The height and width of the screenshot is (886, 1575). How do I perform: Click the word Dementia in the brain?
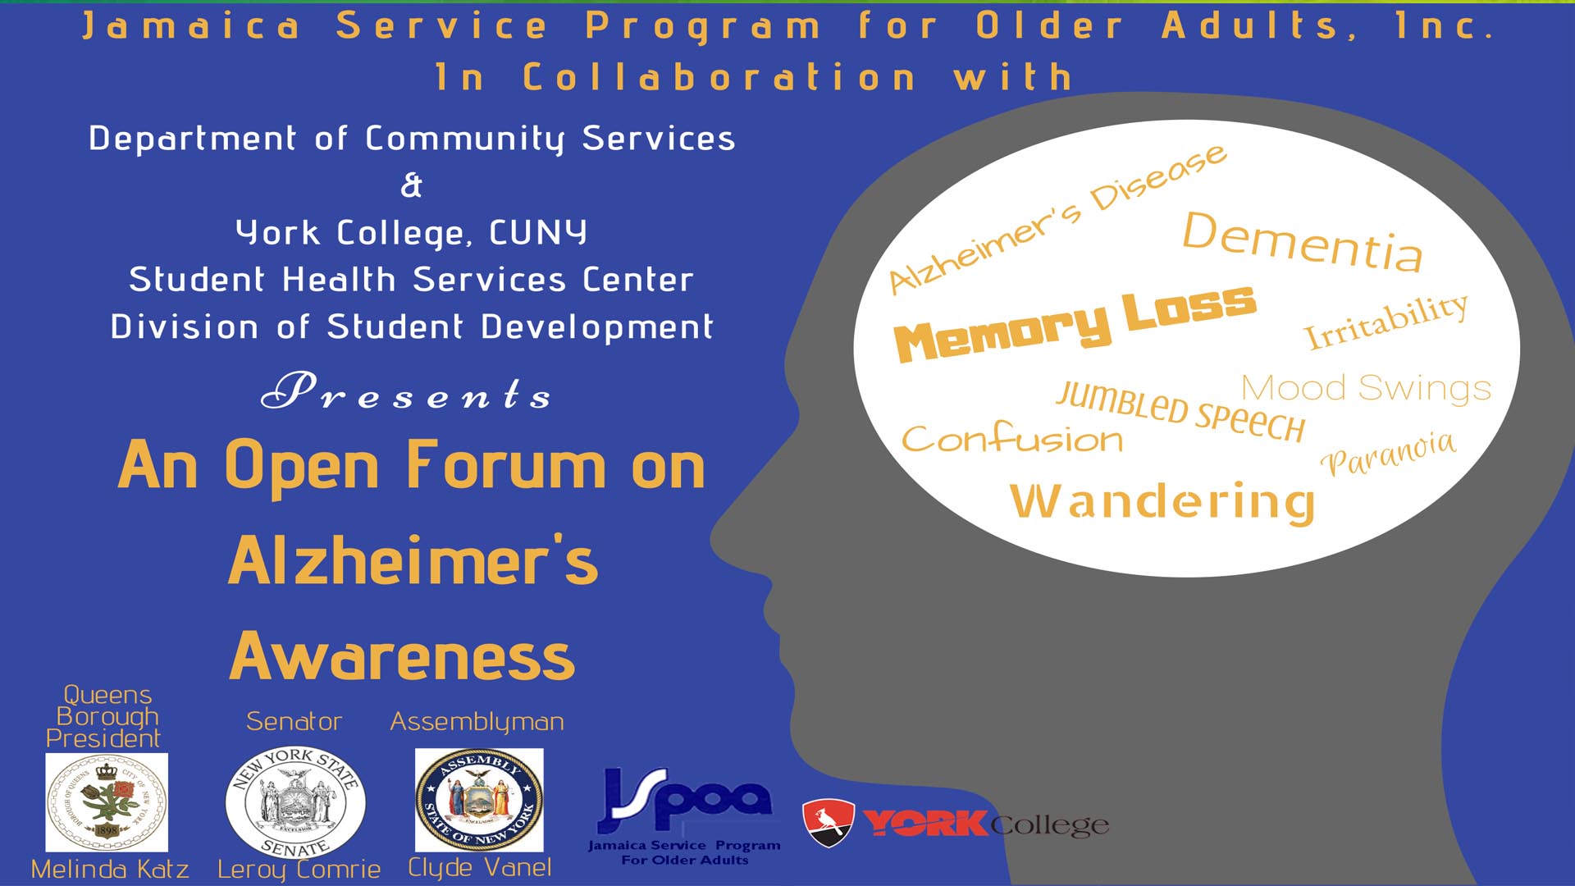click(1303, 241)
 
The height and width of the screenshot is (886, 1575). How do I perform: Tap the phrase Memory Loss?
click(1075, 323)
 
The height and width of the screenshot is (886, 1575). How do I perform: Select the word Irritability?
click(1386, 321)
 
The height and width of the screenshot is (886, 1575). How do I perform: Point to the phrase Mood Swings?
click(1366, 388)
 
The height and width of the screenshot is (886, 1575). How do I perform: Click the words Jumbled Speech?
click(1180, 412)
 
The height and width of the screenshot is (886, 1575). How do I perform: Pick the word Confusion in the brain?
click(1012, 438)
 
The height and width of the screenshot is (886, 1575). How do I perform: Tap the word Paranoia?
click(1388, 453)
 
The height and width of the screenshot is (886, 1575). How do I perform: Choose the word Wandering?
click(1162, 502)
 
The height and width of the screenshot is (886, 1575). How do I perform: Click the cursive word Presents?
click(406, 391)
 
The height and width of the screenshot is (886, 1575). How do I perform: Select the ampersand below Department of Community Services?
click(411, 185)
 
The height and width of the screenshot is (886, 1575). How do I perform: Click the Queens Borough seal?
click(107, 802)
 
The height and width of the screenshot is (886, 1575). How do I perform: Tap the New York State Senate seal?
click(295, 802)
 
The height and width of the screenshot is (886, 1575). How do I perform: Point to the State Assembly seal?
click(479, 800)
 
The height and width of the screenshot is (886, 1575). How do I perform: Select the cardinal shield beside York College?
click(829, 822)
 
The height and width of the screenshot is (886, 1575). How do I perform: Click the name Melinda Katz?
click(110, 870)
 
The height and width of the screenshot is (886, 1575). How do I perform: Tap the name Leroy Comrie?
click(299, 870)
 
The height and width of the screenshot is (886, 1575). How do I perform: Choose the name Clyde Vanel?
click(480, 868)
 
